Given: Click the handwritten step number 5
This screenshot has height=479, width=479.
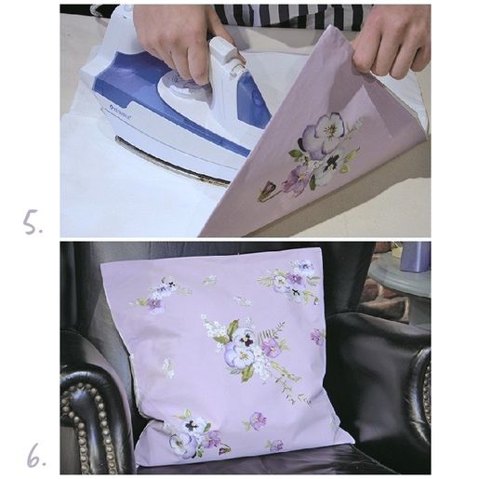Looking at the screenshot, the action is click(33, 222).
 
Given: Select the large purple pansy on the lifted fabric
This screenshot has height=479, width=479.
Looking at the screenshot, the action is click(324, 134).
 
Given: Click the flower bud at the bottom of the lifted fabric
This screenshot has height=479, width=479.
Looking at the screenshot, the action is click(266, 191).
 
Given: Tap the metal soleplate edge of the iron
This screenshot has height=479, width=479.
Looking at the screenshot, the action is click(174, 160).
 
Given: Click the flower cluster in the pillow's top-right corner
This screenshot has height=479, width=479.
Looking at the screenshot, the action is click(291, 282).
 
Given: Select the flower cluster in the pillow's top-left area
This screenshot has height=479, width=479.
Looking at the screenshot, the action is click(161, 295).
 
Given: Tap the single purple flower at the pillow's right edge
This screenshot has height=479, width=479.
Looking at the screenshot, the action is click(317, 337).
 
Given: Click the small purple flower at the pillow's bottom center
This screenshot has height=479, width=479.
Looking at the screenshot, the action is click(258, 420).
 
